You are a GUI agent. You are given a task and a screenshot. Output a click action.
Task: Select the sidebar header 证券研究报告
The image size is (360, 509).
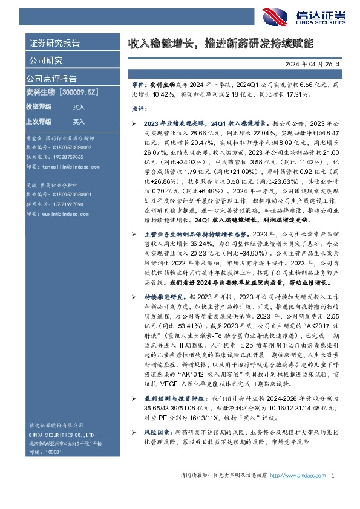point(54,43)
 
